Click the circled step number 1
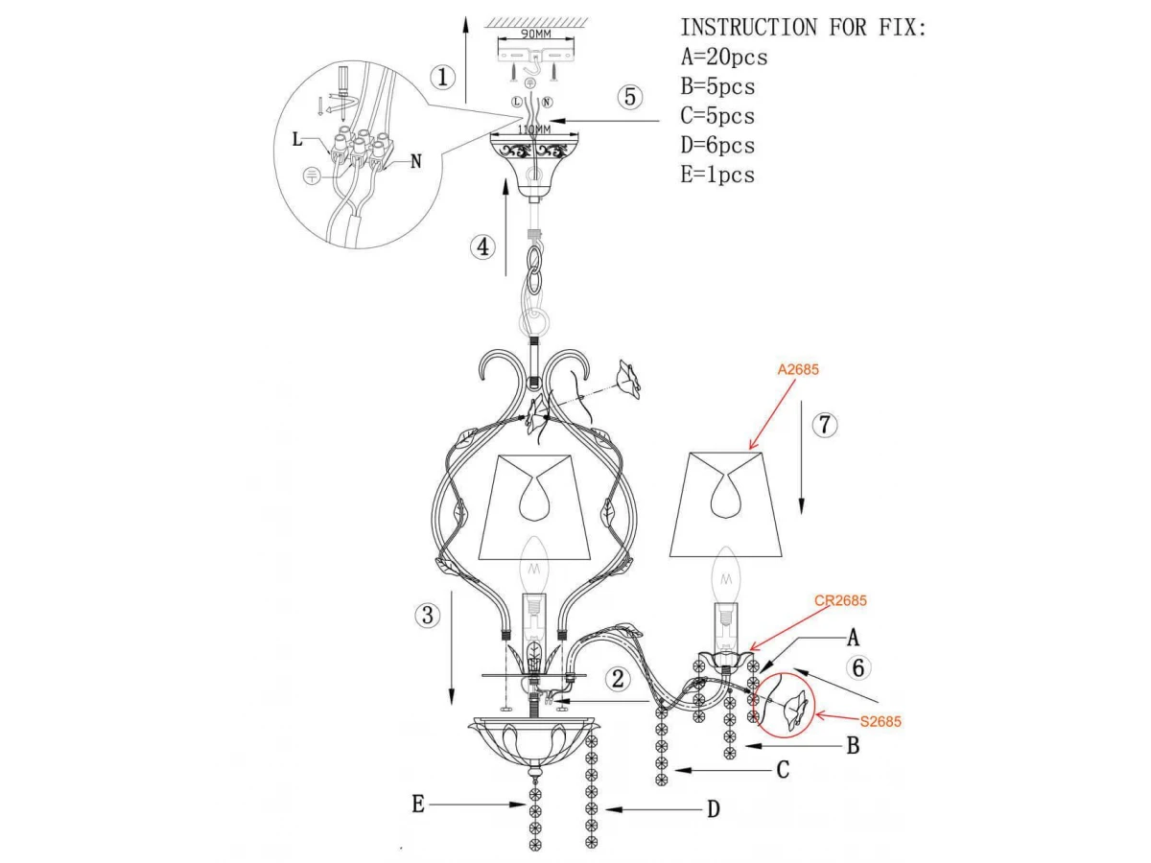pyautogui.click(x=442, y=78)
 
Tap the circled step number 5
pyautogui.click(x=630, y=97)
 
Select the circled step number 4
pyautogui.click(x=482, y=246)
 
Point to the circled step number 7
pyautogui.click(x=824, y=425)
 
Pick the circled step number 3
pyautogui.click(x=428, y=615)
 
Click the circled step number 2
pyautogui.click(x=618, y=679)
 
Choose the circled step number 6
pyautogui.click(x=858, y=667)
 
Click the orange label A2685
pyautogui.click(x=798, y=369)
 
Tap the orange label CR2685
pyautogui.click(x=840, y=600)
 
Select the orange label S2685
pyautogui.click(x=881, y=721)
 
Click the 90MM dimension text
pyautogui.click(x=535, y=35)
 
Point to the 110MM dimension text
pyautogui.click(x=534, y=128)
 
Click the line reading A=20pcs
pyautogui.click(x=723, y=57)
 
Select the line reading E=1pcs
pyautogui.click(x=717, y=175)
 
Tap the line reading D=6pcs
pyautogui.click(x=717, y=145)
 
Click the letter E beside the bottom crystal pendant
pyautogui.click(x=418, y=804)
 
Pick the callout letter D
pyautogui.click(x=714, y=809)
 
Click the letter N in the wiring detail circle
pyautogui.click(x=416, y=161)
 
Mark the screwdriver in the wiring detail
pyautogui.click(x=343, y=93)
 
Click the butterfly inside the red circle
pyautogui.click(x=793, y=711)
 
